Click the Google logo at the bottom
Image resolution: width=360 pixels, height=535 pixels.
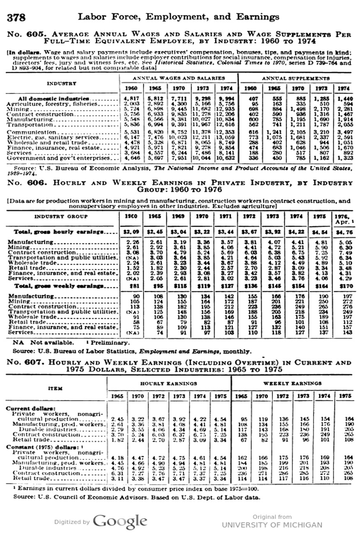(120, 521)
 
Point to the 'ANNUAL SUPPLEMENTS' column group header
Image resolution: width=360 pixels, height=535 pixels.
(295, 78)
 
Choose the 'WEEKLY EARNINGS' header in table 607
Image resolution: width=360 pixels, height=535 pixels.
(292, 383)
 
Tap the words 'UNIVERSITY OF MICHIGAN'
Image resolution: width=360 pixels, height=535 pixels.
(272, 525)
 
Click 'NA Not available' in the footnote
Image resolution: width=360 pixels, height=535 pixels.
(44, 342)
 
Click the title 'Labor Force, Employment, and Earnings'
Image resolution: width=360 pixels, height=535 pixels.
(178, 17)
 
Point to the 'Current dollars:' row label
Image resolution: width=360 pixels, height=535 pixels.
(30, 408)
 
